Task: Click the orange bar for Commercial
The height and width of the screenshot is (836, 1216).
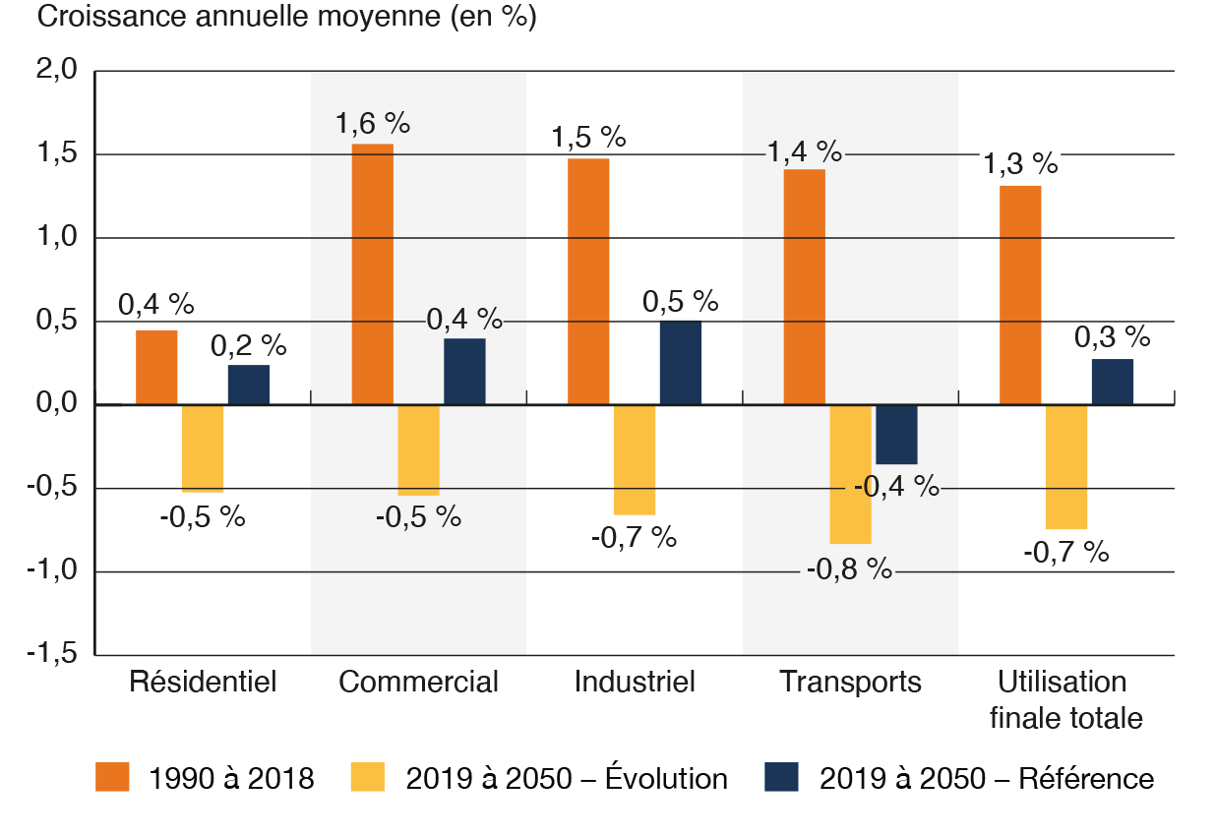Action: tap(372, 273)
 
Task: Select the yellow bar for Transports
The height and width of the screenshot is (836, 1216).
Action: tap(850, 474)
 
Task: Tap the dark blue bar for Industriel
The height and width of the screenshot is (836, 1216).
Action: tap(680, 362)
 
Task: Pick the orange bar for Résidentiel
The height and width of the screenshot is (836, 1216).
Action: tap(156, 367)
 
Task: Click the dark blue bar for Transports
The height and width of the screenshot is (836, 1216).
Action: tap(896, 435)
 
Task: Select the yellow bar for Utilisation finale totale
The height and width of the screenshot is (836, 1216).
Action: tap(1066, 467)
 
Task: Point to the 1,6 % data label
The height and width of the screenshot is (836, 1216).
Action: tap(372, 124)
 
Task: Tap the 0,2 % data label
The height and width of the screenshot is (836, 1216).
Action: tap(248, 345)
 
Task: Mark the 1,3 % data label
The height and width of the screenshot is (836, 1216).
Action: tap(1020, 164)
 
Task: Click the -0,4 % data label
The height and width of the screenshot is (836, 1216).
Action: tap(895, 486)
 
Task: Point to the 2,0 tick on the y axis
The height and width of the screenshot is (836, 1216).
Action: tap(57, 71)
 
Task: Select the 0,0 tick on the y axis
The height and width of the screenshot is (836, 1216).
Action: tap(57, 404)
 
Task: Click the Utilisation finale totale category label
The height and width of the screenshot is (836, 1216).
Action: tap(1065, 700)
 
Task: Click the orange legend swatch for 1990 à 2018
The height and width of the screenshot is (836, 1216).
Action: tap(112, 777)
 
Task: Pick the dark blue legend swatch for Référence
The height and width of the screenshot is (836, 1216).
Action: tap(781, 777)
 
